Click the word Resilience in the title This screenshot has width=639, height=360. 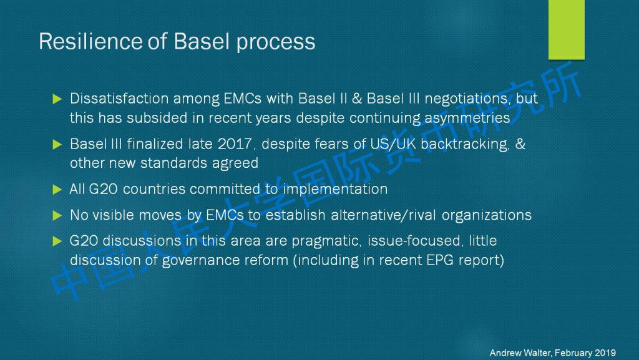coord(90,41)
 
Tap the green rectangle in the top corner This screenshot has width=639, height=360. coord(566,29)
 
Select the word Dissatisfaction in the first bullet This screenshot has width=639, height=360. coord(119,99)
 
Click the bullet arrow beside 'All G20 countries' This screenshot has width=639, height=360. coord(57,190)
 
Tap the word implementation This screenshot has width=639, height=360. coord(335,189)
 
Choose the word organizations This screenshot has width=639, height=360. coord(487,215)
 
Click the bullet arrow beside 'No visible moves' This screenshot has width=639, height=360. coord(57,215)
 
